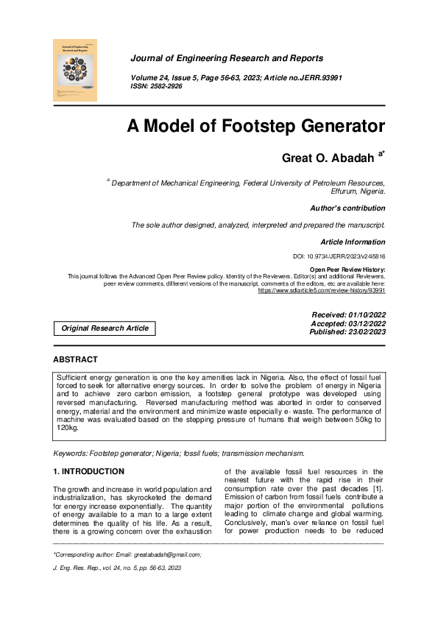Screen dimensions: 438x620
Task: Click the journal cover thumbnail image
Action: tap(76, 70)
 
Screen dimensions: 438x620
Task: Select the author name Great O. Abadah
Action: tap(328, 158)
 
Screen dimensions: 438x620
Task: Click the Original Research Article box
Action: tap(105, 328)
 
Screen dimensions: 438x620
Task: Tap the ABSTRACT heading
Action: tap(75, 359)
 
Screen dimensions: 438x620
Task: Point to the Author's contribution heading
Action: tap(347, 208)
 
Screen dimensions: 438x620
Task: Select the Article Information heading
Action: tap(353, 242)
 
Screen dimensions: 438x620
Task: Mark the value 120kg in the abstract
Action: tap(68, 428)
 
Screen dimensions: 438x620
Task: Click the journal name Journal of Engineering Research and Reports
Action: tap(227, 58)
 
